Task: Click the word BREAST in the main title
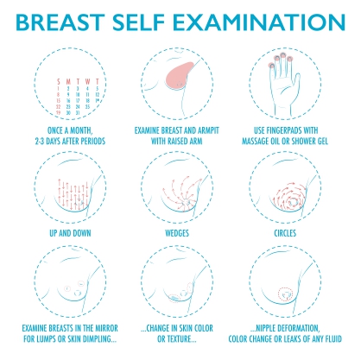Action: [x=60, y=22]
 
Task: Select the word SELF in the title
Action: [x=138, y=22]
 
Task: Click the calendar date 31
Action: [x=78, y=113]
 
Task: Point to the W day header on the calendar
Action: [x=87, y=82]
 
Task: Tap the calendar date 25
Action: [x=87, y=107]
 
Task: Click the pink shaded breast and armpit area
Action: [x=180, y=74]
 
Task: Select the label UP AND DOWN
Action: [x=70, y=233]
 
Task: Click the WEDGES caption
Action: [x=177, y=233]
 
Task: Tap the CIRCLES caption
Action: [x=285, y=233]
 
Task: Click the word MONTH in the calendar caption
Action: [x=82, y=130]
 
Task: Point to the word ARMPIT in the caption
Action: [x=208, y=130]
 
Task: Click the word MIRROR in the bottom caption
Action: [x=106, y=328]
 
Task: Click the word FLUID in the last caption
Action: [x=332, y=339]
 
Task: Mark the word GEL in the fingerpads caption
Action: [x=322, y=142]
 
